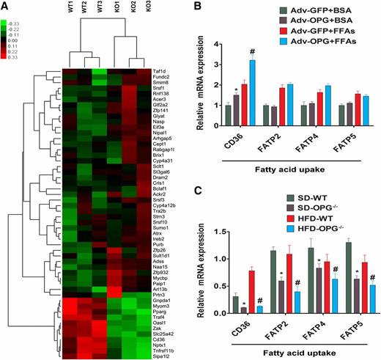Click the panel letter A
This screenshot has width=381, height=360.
pyautogui.click(x=7, y=5)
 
